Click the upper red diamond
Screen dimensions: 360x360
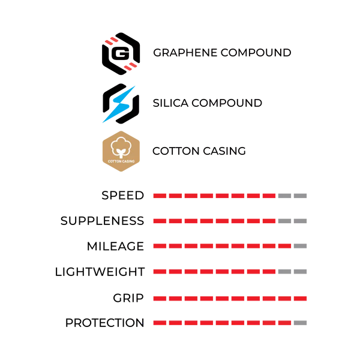coord(110,41)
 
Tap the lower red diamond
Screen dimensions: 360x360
coord(130,66)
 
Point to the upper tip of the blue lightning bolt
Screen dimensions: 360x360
coord(135,86)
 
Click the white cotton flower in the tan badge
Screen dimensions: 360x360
coord(121,147)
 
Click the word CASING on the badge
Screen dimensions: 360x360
coord(128,161)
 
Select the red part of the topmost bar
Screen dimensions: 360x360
coord(214,196)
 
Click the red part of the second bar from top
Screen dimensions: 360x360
coord(214,221)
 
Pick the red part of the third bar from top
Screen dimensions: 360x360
coord(221,245)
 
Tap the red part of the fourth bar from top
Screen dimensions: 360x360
coord(214,271)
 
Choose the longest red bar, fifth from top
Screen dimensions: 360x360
coord(229,298)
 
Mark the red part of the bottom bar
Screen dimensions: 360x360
coord(221,322)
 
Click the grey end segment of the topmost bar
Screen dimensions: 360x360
coord(295,196)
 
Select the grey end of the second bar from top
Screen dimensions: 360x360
coord(295,221)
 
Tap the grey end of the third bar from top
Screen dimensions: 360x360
coord(302,245)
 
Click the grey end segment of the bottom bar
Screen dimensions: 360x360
coord(302,322)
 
